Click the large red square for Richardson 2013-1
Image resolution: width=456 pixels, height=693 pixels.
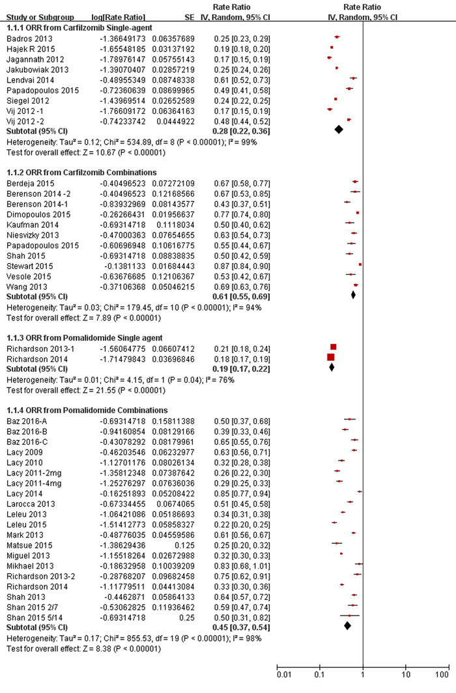(334, 347)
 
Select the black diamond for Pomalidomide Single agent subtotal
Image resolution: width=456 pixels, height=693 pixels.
(332, 367)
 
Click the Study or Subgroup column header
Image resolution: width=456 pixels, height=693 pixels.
(38, 16)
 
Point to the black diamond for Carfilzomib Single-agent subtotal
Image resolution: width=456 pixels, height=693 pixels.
(338, 130)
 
